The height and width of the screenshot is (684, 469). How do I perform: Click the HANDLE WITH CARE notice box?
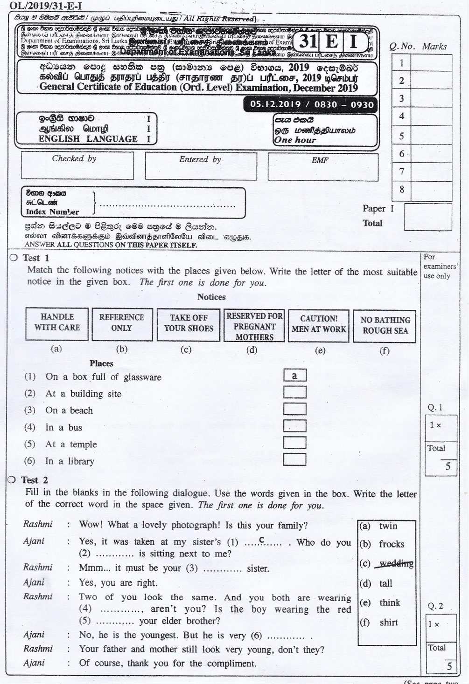(x=57, y=324)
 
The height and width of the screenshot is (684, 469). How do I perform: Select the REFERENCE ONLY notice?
(x=122, y=324)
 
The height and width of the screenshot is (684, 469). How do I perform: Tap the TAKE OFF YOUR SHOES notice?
(x=189, y=324)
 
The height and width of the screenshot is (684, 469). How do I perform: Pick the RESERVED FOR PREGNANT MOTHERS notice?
(x=254, y=326)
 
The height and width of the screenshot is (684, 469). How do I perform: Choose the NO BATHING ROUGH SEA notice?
(x=385, y=326)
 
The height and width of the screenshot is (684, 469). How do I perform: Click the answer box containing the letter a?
(x=294, y=376)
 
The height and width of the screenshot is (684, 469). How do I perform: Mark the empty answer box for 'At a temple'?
(x=294, y=443)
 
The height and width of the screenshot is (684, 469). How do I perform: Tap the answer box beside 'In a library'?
(x=294, y=459)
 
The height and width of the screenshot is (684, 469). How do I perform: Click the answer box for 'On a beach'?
(x=294, y=409)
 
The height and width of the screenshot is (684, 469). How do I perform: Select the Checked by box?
(x=77, y=166)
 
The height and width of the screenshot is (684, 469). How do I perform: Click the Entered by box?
(x=201, y=166)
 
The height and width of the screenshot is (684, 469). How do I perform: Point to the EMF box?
(x=323, y=167)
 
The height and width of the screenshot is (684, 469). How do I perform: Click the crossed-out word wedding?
(x=396, y=564)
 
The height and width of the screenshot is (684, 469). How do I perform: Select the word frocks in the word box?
(x=392, y=544)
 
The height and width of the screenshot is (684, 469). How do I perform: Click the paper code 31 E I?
(x=332, y=42)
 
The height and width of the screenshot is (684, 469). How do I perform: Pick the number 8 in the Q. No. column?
(x=401, y=190)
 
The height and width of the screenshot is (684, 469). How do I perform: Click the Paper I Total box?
(x=427, y=217)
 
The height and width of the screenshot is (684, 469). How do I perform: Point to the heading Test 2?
(x=35, y=480)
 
